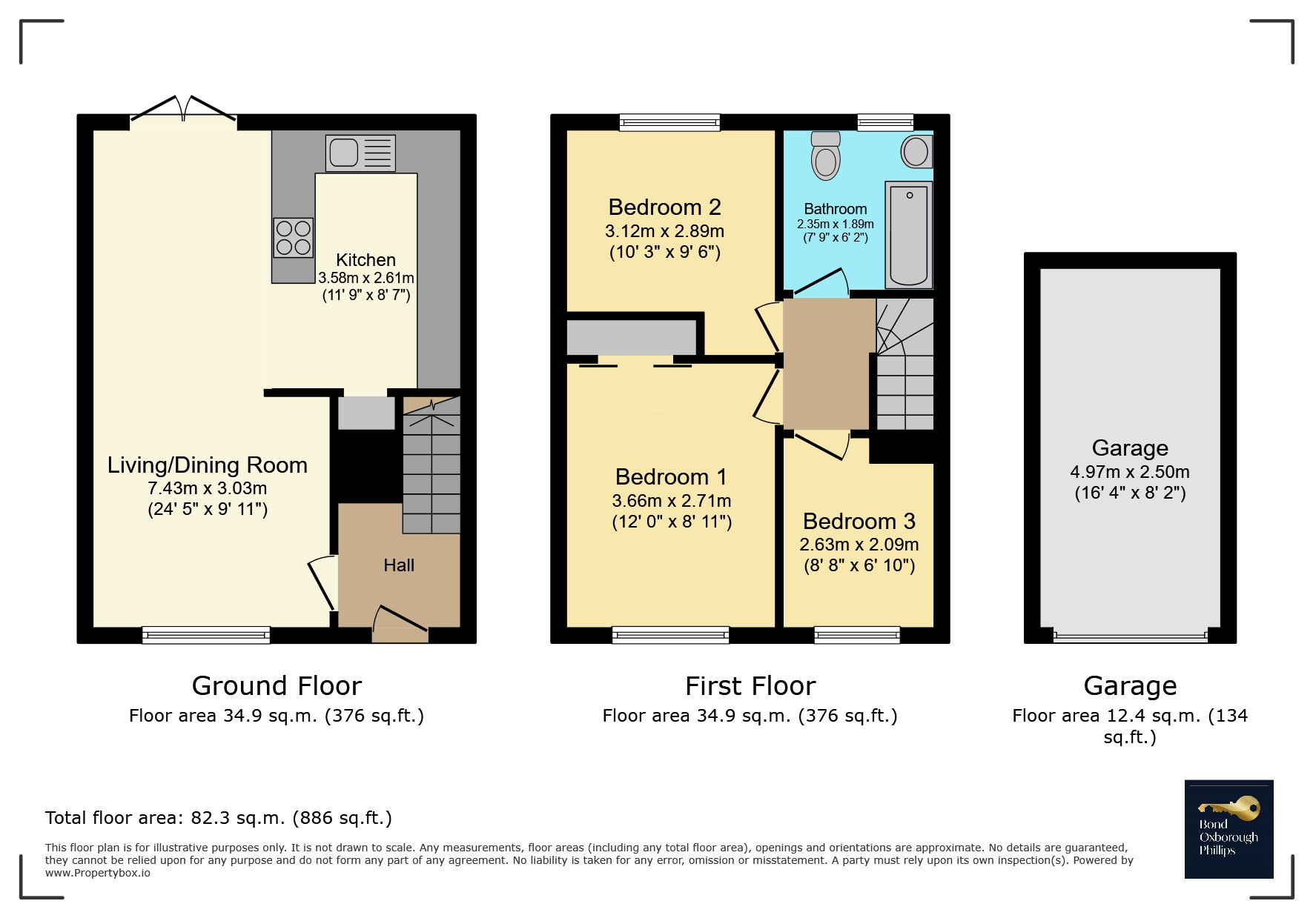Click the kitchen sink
point(360,153)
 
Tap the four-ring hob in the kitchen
point(294,238)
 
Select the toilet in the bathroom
point(825,156)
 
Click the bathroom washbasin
point(917,152)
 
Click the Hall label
point(399,565)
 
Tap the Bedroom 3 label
point(859,522)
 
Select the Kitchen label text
point(366,260)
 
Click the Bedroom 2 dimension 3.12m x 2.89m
point(664,231)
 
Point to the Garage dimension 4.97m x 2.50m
point(1130,472)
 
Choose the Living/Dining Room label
point(208,465)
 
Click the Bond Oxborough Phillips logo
point(1228,829)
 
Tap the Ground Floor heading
point(277,686)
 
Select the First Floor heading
point(750,686)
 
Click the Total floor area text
point(219,818)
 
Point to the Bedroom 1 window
point(670,635)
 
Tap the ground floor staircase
point(431,465)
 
